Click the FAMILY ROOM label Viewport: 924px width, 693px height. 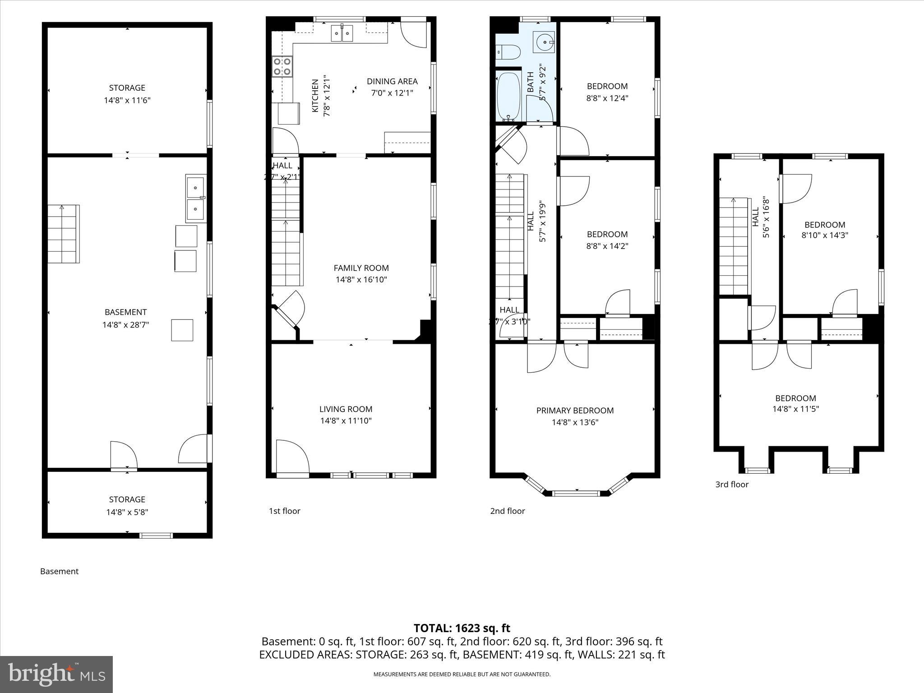361,268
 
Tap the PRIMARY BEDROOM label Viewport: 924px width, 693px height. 575,411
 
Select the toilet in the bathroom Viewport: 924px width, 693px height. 508,52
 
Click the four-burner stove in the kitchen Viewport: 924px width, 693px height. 282,66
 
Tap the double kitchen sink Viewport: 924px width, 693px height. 342,33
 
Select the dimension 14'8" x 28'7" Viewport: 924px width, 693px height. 125,324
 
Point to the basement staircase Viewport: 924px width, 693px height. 64,234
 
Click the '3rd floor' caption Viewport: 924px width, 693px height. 732,485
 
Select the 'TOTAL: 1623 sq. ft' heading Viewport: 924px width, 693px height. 462,628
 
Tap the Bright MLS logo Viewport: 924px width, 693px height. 56,674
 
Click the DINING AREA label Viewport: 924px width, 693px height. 392,82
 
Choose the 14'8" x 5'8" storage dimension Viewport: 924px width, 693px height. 127,512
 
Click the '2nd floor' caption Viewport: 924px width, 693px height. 508,511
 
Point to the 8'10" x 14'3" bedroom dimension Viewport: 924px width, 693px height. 825,235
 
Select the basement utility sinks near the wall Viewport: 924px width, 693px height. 196,199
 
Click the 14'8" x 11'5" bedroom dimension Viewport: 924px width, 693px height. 795,409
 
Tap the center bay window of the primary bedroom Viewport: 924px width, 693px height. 576,493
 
